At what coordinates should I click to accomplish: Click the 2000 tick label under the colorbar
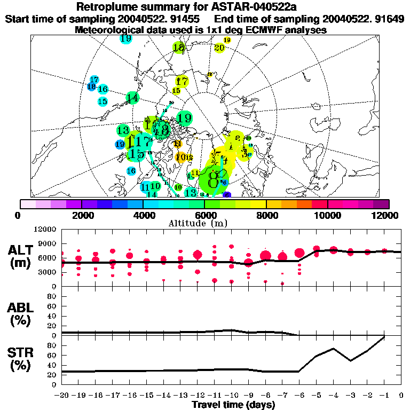tap(81, 215)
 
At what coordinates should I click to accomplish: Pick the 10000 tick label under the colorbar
tap(328, 215)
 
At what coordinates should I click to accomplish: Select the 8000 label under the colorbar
tap(266, 215)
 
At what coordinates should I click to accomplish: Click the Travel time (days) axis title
tap(233, 405)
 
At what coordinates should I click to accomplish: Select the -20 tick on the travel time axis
tap(62, 396)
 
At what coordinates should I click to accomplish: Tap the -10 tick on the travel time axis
tap(231, 396)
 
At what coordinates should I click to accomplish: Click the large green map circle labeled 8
tap(214, 176)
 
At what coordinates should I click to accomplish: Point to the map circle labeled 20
tap(219, 48)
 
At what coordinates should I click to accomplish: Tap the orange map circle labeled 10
tap(180, 157)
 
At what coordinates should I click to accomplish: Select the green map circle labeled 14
tap(132, 98)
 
